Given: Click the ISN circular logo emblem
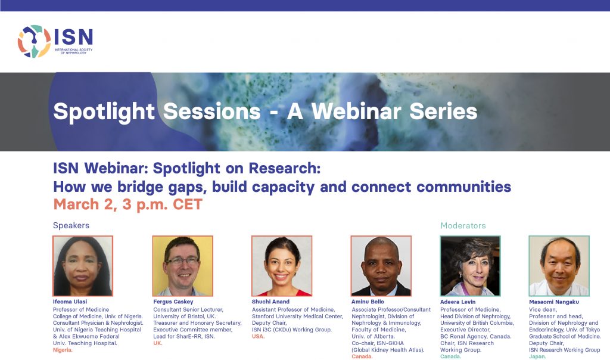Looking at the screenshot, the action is point(34,41).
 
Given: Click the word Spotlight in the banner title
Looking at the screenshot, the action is point(104,111).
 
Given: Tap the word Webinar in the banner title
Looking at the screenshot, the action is point(356,111).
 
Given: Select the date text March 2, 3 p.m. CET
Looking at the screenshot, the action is point(127,204).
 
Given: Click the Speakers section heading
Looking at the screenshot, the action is point(71,225).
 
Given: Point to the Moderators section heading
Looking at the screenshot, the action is point(463,225).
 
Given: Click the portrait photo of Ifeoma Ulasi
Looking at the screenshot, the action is point(83,266).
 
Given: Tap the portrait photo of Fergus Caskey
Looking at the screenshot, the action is point(182,266).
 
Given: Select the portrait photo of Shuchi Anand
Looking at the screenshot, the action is point(282,266).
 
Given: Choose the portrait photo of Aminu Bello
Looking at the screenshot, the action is point(381,266).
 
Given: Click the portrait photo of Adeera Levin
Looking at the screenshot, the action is point(471,266).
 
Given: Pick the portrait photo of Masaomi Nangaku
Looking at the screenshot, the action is point(559,266).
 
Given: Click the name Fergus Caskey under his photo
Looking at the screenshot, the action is point(173,302).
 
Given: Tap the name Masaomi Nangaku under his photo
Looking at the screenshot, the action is point(554,302).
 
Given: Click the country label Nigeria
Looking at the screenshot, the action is point(63,350).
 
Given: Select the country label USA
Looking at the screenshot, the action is point(259,336).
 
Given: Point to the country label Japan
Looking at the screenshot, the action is point(538,356).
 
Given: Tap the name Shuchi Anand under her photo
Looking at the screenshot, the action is point(271,302).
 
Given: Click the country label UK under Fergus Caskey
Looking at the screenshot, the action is point(158,343).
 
